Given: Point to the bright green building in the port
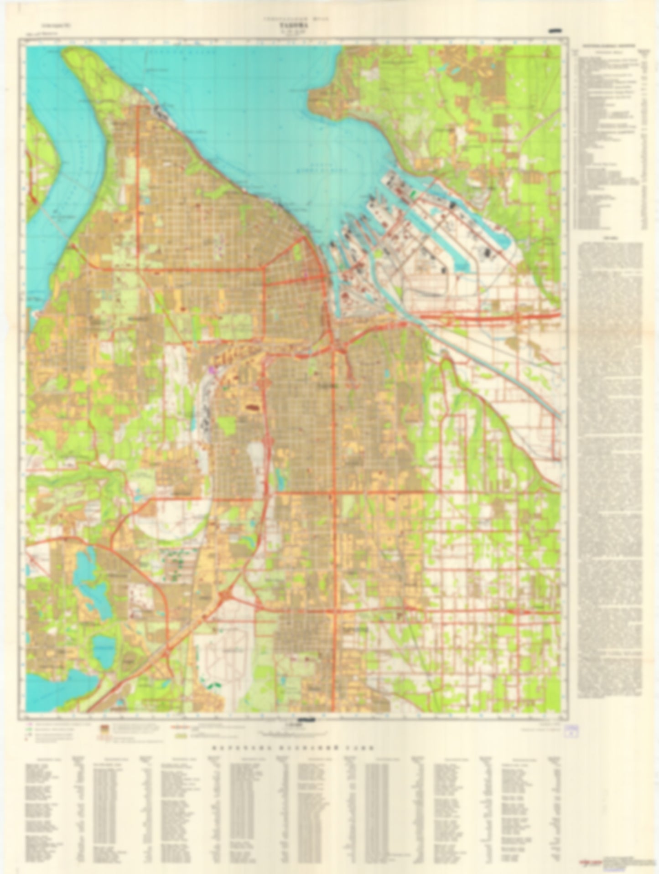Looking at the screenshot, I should pyautogui.click(x=413, y=194).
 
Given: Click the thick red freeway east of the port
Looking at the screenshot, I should pyautogui.click(x=502, y=317).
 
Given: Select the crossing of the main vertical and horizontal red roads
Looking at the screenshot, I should pyautogui.click(x=334, y=492).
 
